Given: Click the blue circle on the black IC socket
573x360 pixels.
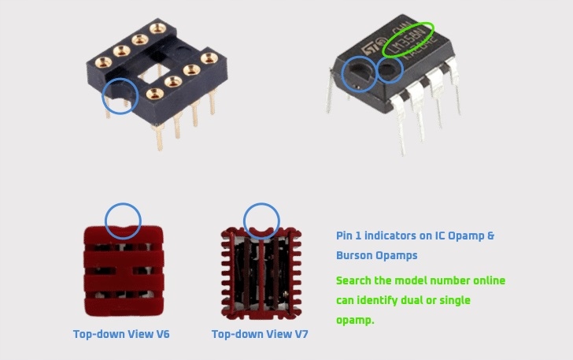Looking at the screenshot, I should [120, 96].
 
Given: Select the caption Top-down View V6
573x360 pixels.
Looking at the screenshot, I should [121, 334].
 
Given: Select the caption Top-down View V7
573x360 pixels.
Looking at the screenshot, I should [260, 334].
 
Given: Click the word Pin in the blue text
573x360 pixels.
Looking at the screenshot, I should [345, 236].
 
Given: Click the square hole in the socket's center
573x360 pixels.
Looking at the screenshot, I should [158, 72].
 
